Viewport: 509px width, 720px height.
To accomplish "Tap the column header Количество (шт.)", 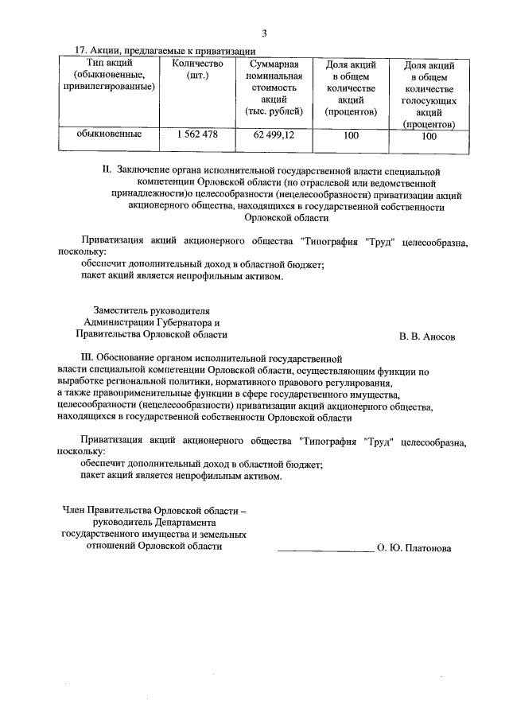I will point(192,69).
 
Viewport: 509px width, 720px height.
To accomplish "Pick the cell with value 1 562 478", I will point(192,134).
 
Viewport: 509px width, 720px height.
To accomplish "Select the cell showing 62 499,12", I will point(274,135).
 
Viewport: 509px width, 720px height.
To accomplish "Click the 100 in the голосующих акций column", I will point(429,136).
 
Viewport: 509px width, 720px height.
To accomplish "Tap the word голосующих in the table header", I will point(429,101).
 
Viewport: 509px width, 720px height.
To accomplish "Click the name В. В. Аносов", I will point(427,336).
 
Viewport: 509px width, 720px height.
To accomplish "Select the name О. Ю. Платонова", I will point(414,548).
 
